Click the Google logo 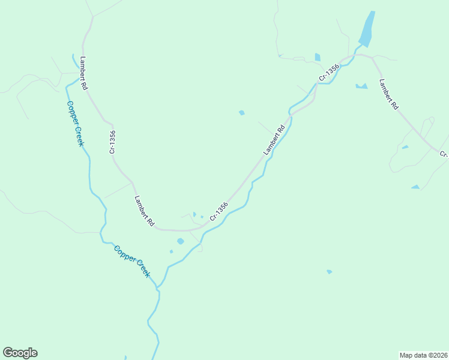click(x=20, y=353)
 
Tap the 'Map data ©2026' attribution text click(x=423, y=355)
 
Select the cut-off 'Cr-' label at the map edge click(x=444, y=154)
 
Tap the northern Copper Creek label click(x=75, y=123)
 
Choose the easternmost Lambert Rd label click(x=388, y=94)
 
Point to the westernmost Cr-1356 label click(x=112, y=142)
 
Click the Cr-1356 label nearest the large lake click(x=329, y=73)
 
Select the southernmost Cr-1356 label click(x=219, y=211)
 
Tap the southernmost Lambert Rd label click(x=145, y=211)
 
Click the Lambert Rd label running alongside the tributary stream click(x=273, y=140)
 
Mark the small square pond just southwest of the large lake click(x=318, y=58)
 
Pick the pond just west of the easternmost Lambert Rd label click(x=361, y=86)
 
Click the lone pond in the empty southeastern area click(x=329, y=272)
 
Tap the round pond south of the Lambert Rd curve click(x=181, y=241)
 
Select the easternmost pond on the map click(x=415, y=187)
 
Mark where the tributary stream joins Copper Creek click(x=158, y=289)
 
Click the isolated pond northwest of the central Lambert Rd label click(x=242, y=112)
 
